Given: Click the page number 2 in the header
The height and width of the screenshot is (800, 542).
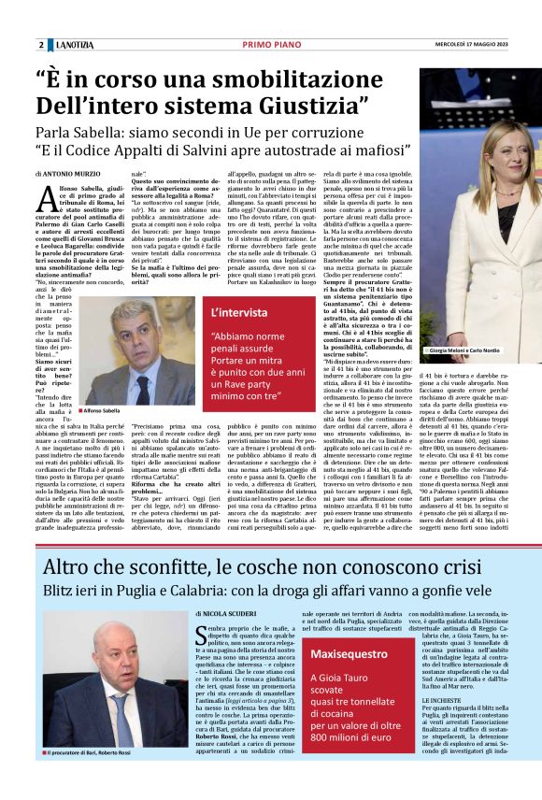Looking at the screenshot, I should [x=41, y=45].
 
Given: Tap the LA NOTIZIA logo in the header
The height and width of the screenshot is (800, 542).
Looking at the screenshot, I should [x=74, y=45].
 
